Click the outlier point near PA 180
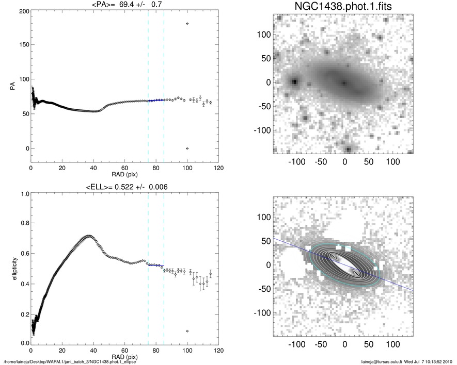[187, 24]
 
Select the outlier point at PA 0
[187, 148]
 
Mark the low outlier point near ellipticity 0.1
[187, 331]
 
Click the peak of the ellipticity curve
[89, 236]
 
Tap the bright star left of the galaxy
[294, 81]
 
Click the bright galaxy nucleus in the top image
[344, 82]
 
